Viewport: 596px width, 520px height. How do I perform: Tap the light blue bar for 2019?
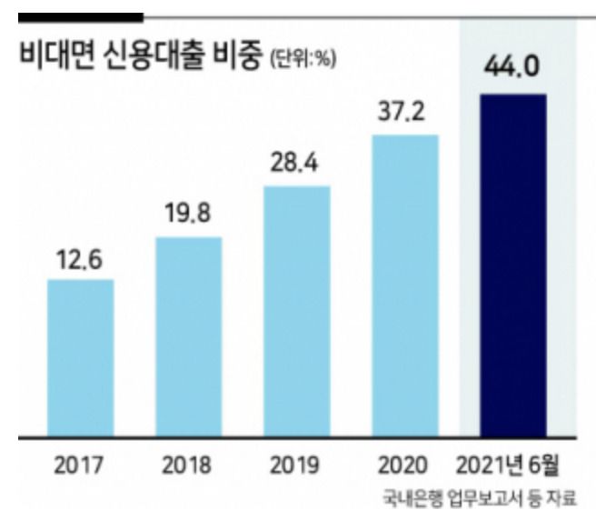296,309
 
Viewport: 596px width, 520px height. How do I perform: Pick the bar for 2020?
404,284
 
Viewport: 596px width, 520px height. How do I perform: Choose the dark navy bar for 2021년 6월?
513,263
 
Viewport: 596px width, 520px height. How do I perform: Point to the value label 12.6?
80,261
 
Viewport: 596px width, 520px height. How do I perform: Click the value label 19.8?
188,218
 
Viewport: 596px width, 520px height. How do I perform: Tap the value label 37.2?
404,115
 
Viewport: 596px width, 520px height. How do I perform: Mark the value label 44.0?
513,70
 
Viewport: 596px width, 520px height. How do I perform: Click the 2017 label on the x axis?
80,466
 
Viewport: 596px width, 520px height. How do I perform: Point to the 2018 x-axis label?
188,466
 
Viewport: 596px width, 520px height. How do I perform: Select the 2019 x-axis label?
296,466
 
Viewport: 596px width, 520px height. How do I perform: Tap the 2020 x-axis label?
404,466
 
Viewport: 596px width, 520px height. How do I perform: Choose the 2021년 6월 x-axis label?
514,466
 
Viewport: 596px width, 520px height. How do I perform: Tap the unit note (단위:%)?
303,58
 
